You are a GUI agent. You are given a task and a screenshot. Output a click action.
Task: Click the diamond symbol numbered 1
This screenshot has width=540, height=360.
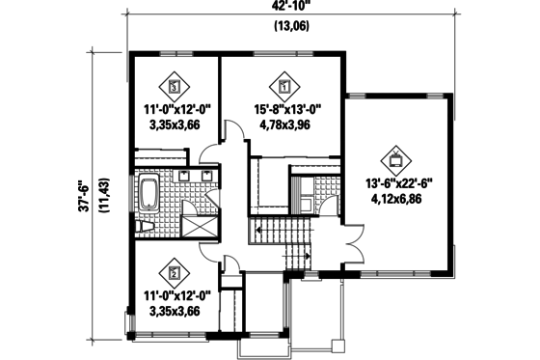[x=284, y=84]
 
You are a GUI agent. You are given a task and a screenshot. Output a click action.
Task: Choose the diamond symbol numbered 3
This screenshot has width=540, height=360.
[x=174, y=84]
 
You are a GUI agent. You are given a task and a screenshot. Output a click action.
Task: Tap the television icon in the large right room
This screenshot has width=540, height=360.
[x=395, y=157]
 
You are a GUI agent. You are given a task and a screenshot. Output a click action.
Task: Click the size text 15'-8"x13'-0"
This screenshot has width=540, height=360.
[x=284, y=108]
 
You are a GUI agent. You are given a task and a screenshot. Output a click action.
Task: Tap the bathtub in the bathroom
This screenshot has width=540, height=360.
[x=148, y=195]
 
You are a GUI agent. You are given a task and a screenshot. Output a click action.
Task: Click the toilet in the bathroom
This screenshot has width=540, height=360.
[x=145, y=226]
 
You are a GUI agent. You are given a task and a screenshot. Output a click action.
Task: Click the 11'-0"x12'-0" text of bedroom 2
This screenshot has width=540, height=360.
[x=175, y=296]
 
